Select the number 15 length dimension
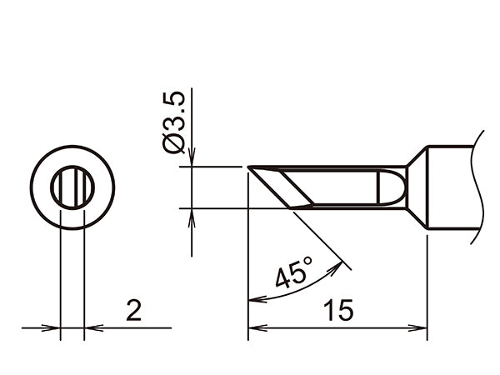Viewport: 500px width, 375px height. click(339, 310)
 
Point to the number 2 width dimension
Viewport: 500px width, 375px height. click(132, 310)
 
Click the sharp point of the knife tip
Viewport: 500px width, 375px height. click(249, 168)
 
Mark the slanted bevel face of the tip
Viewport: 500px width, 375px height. click(283, 187)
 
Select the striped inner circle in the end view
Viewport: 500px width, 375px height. click(72, 187)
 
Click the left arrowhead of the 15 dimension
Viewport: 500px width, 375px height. click(254, 328)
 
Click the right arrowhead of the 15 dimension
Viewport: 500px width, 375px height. click(421, 328)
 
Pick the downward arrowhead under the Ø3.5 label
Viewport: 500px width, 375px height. click(192, 160)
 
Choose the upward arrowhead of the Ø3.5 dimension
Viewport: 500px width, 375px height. click(192, 215)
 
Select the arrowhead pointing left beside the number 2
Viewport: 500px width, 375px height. click(91, 328)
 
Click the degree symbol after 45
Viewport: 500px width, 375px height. click(307, 262)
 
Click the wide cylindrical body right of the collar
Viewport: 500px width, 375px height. click(450, 187)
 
